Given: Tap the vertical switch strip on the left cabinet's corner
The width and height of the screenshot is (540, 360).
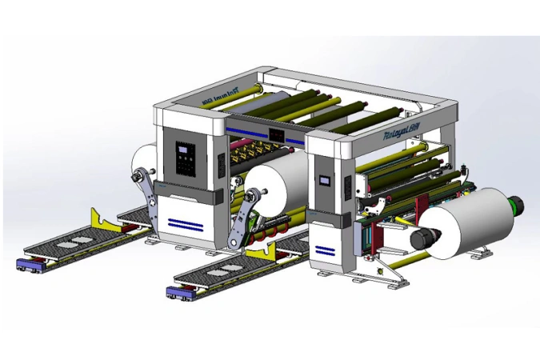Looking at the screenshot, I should [220, 166].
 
